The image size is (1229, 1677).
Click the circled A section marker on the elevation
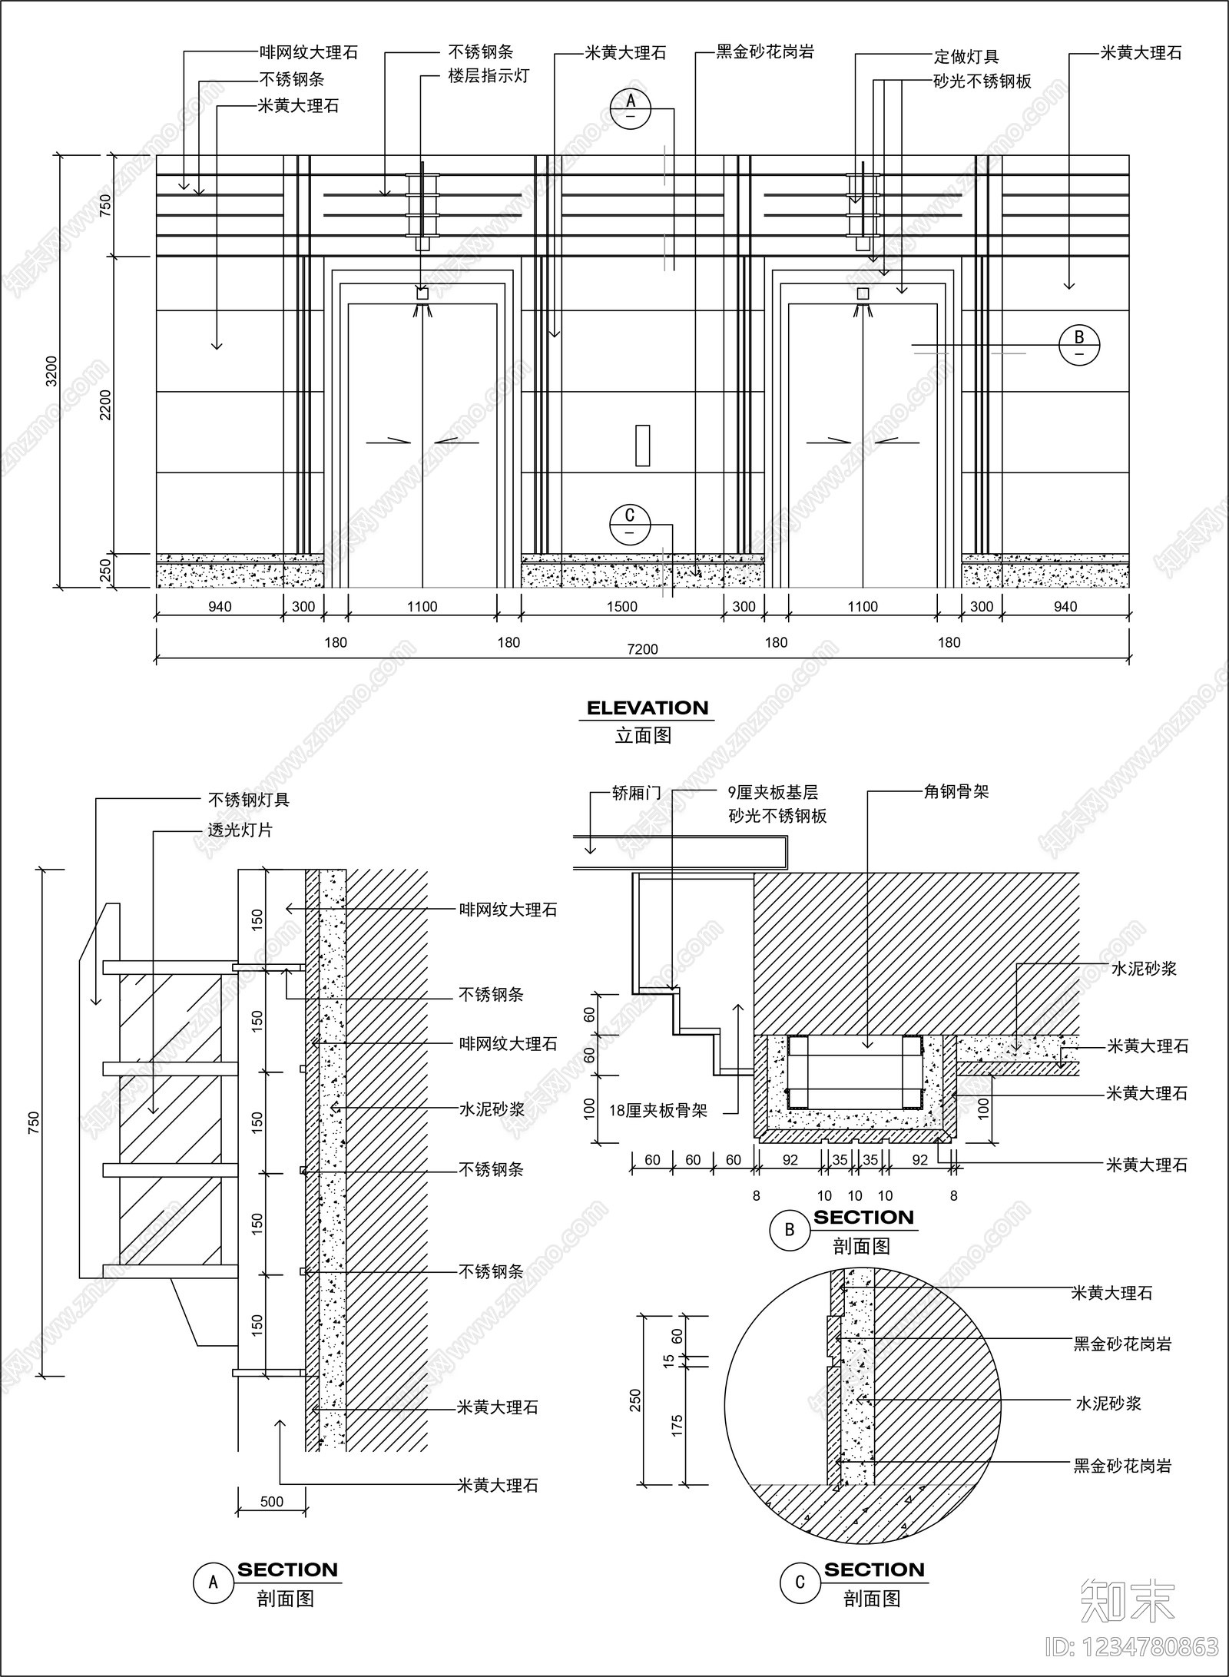click(631, 108)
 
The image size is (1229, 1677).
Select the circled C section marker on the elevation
click(630, 524)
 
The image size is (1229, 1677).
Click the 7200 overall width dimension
click(642, 649)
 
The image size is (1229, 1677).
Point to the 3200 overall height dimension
click(51, 371)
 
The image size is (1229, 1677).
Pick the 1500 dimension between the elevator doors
click(621, 607)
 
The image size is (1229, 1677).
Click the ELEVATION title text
click(648, 708)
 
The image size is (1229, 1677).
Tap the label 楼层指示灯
click(489, 76)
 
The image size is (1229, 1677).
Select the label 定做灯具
click(966, 57)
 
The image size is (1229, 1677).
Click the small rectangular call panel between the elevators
click(643, 446)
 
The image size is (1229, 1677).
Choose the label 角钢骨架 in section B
click(956, 791)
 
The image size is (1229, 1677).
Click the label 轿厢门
click(637, 793)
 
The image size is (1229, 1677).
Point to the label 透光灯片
click(240, 830)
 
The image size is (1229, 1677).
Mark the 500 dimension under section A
click(272, 1501)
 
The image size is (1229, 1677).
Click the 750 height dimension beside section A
click(33, 1122)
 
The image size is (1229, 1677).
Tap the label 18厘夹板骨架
click(658, 1110)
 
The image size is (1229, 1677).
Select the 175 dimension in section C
click(677, 1426)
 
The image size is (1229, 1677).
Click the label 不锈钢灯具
click(249, 800)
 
